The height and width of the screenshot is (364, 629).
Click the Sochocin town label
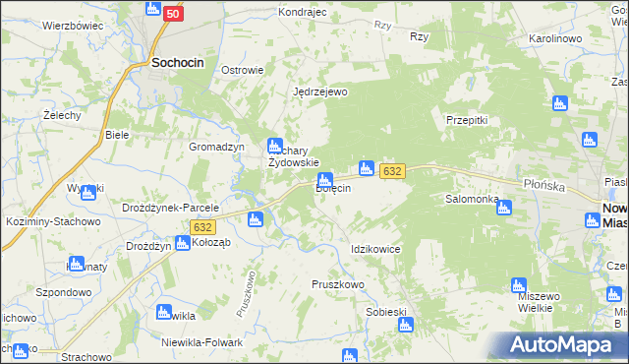click(178, 62)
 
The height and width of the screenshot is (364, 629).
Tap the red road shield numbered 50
click(173, 14)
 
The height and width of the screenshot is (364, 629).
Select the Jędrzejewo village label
click(321, 91)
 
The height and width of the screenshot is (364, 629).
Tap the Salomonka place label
click(473, 198)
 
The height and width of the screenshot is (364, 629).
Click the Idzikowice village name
click(375, 249)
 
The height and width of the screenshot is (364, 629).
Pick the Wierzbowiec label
click(73, 26)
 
